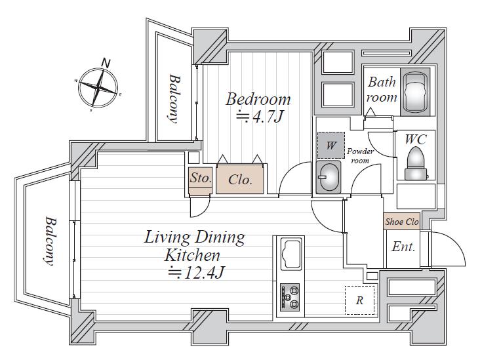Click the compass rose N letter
point(106,63)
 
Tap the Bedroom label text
point(258,99)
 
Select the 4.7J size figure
point(260,116)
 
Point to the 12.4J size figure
point(197,272)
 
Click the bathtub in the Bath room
point(415,92)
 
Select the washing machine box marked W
point(331,145)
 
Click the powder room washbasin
point(329,177)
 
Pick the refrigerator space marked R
point(360,300)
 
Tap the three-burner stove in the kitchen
point(290,297)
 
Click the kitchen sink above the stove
point(290,254)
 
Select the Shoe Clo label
point(402,222)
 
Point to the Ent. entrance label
point(403,247)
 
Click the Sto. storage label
point(201,178)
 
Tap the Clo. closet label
point(240,180)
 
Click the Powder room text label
point(360,156)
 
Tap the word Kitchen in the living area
point(192,255)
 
